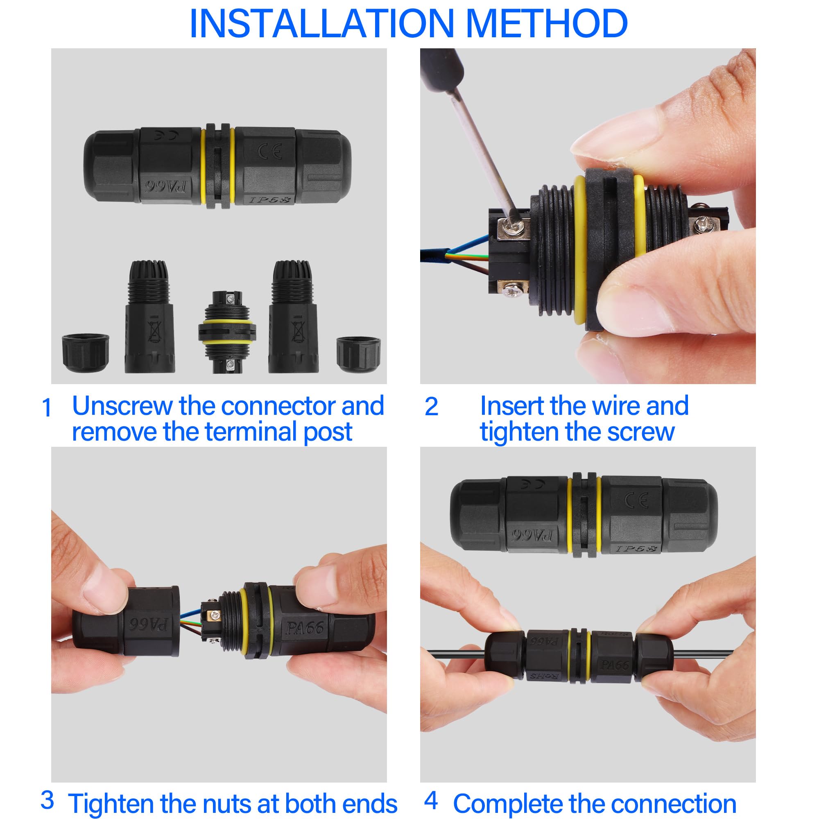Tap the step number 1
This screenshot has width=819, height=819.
(x=47, y=408)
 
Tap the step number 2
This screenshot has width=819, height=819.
(x=431, y=407)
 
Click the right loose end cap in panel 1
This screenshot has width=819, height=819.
(x=358, y=355)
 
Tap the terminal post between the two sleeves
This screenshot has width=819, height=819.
(x=227, y=332)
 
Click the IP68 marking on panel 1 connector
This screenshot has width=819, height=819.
(x=269, y=199)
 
